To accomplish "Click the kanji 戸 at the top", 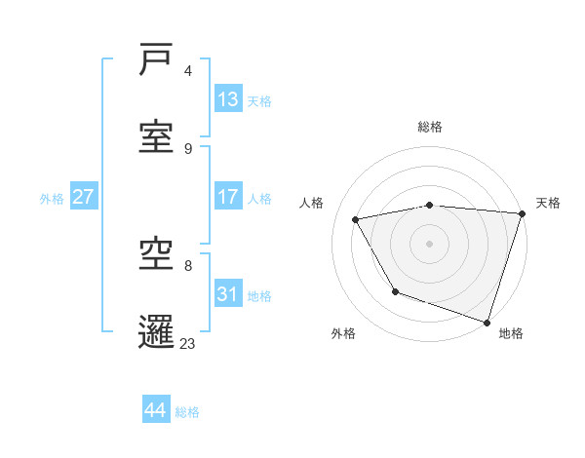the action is pos(156,60).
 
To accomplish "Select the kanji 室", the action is pos(156,135).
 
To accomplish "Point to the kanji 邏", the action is pos(156,330).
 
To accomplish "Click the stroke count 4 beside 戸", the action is pos(188,71).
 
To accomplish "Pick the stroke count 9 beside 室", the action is pos(188,148).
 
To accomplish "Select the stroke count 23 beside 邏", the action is pos(187,343).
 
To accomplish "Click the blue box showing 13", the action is pos(228,99).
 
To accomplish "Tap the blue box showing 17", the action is pos(228,197).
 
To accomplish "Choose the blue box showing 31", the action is pos(228,294).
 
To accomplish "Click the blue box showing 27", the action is pos(83,197).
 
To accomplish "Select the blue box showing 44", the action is pos(156,410).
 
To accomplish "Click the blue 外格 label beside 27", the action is pos(52,199).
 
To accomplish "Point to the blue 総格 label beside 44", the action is pos(187,412).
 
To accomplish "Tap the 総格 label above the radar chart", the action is pos(430,127).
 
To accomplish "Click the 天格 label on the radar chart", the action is pos(548,203).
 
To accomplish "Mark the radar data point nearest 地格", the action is pos(486,322).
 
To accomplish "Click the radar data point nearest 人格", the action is pos(356,220).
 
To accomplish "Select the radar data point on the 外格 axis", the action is pos(395,291).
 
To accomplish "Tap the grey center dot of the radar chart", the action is pos(430,244).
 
